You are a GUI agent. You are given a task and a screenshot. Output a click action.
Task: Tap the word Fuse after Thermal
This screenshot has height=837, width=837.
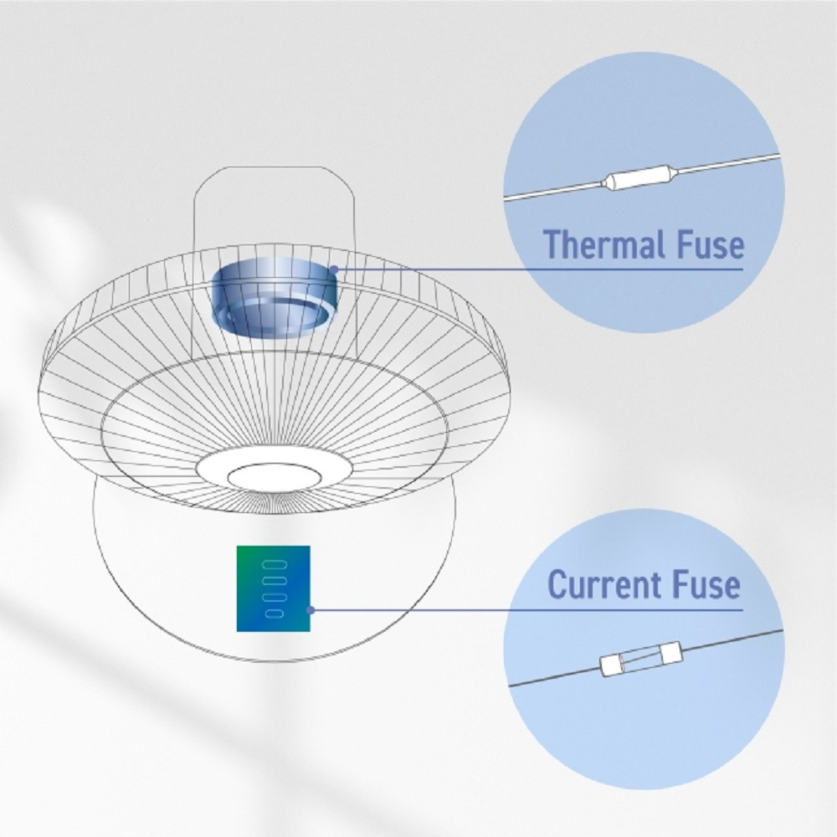tap(711, 244)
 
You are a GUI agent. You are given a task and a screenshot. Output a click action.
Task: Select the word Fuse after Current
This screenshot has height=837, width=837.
tap(706, 585)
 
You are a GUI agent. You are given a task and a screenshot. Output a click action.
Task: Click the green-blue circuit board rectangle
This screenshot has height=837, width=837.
tap(274, 588)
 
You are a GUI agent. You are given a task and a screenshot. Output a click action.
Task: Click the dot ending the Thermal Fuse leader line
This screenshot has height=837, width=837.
tap(334, 269)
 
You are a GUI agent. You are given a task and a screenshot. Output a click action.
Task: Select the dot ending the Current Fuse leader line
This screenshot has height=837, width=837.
tap(311, 609)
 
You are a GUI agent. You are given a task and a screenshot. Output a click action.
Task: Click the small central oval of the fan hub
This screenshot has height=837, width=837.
tap(275, 477)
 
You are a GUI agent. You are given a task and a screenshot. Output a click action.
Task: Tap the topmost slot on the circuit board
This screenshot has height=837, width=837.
tap(275, 564)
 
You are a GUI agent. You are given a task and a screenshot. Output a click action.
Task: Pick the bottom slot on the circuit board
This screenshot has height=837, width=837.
tap(275, 614)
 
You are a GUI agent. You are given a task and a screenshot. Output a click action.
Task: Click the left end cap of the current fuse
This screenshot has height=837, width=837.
tap(609, 665)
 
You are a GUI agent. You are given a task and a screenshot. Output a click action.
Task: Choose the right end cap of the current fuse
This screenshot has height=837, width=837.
tap(671, 651)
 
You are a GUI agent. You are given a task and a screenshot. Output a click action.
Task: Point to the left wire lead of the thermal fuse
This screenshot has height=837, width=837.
tap(554, 192)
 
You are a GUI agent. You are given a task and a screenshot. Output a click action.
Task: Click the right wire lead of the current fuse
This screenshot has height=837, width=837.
tap(732, 639)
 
